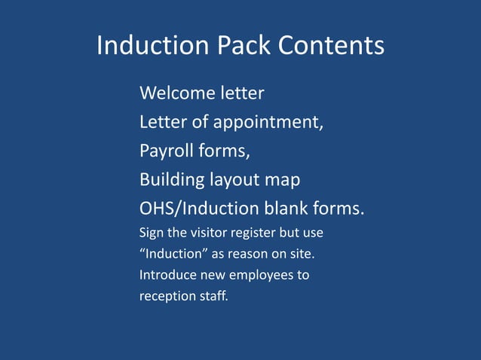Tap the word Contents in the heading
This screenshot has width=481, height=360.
pos(331,47)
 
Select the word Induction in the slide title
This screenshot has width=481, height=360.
pos(153,47)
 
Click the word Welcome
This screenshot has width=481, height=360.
pos(176,94)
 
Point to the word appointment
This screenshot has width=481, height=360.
pos(269,123)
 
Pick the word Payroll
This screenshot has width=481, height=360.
pos(167,151)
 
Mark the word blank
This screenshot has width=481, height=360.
pos(305,208)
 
